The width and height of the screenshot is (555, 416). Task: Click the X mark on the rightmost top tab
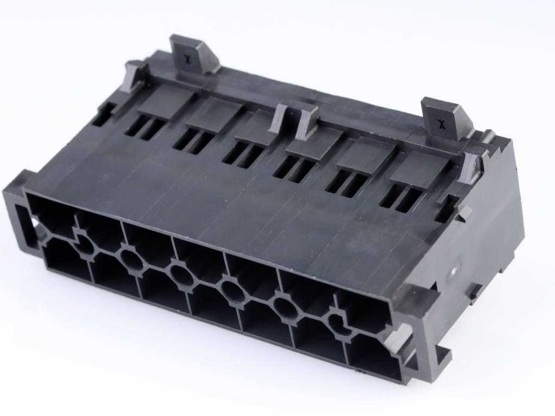coord(442,123)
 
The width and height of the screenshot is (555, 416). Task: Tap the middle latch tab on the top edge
coord(297,116)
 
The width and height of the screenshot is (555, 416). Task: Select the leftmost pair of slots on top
coord(145,129)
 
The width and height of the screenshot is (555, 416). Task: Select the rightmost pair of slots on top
coord(401,198)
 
